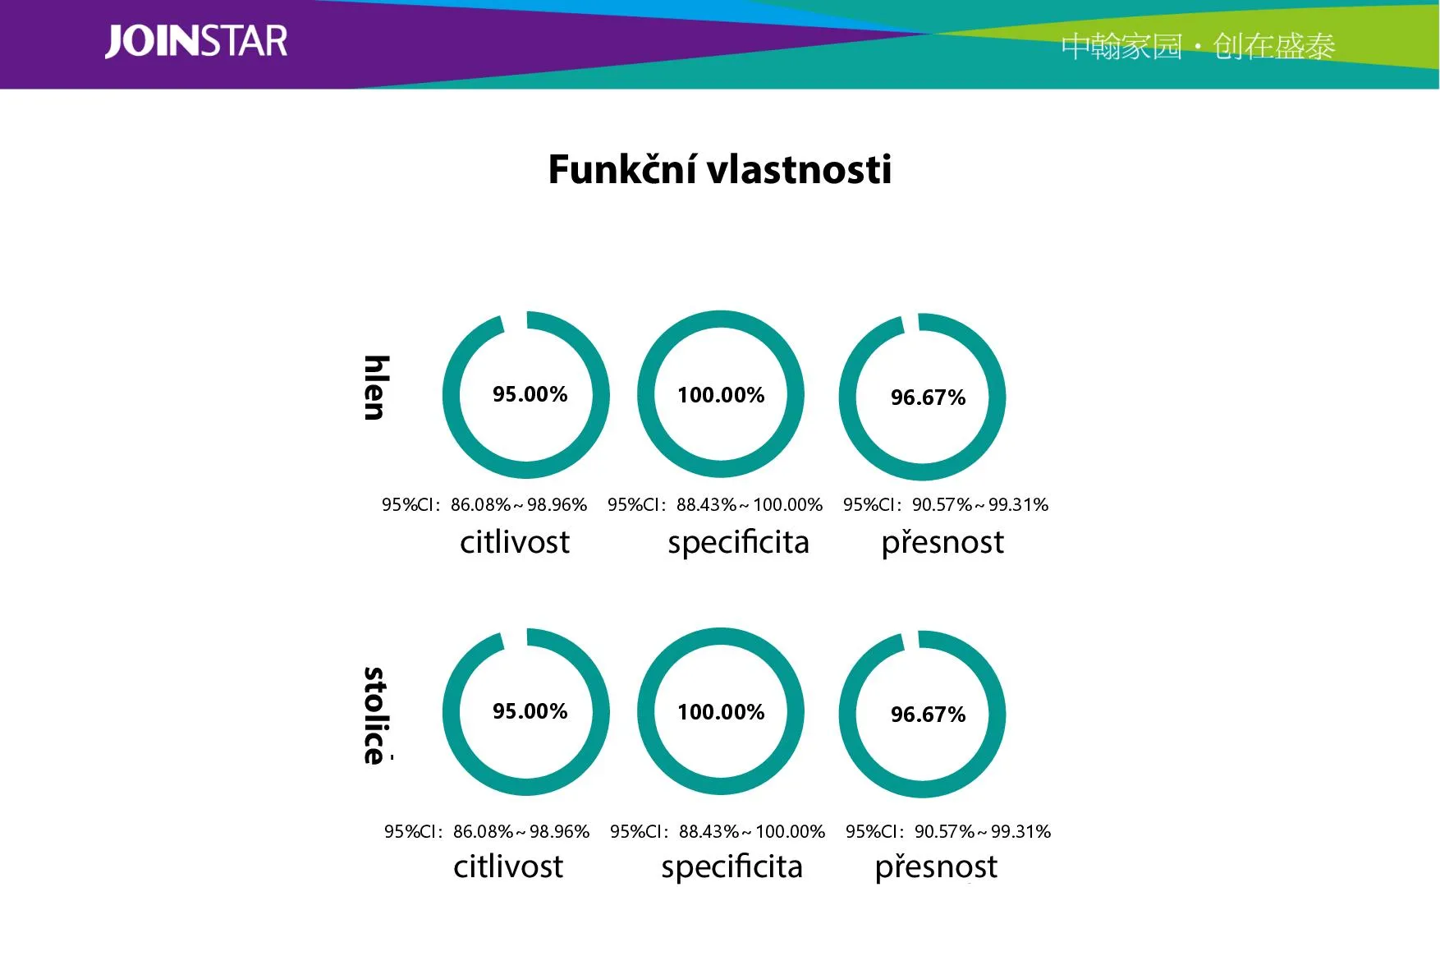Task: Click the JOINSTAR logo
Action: [196, 41]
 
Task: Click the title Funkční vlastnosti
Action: [719, 169]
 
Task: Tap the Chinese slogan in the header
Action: [1198, 47]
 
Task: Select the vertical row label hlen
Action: [375, 388]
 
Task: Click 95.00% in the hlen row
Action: [530, 394]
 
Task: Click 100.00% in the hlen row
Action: [721, 395]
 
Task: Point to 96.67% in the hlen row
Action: [928, 398]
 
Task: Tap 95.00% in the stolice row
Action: [530, 711]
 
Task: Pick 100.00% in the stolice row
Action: [721, 712]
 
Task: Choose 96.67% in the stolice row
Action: [928, 715]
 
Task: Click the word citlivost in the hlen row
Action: [515, 542]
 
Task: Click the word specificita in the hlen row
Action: [738, 543]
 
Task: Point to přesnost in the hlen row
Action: [942, 543]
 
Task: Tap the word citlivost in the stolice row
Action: [508, 867]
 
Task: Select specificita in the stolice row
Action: [731, 867]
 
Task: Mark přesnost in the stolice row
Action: [936, 867]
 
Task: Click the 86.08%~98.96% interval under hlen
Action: [519, 504]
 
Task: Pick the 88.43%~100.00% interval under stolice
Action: [752, 831]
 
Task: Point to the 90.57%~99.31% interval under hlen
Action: [980, 504]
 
